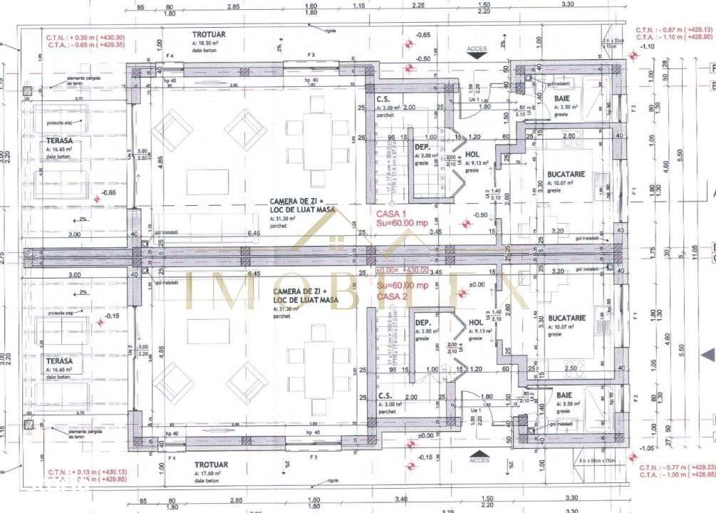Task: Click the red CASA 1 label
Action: (390, 213)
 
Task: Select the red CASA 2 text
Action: (392, 296)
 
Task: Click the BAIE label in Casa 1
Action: (561, 100)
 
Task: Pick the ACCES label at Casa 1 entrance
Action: (477, 49)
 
